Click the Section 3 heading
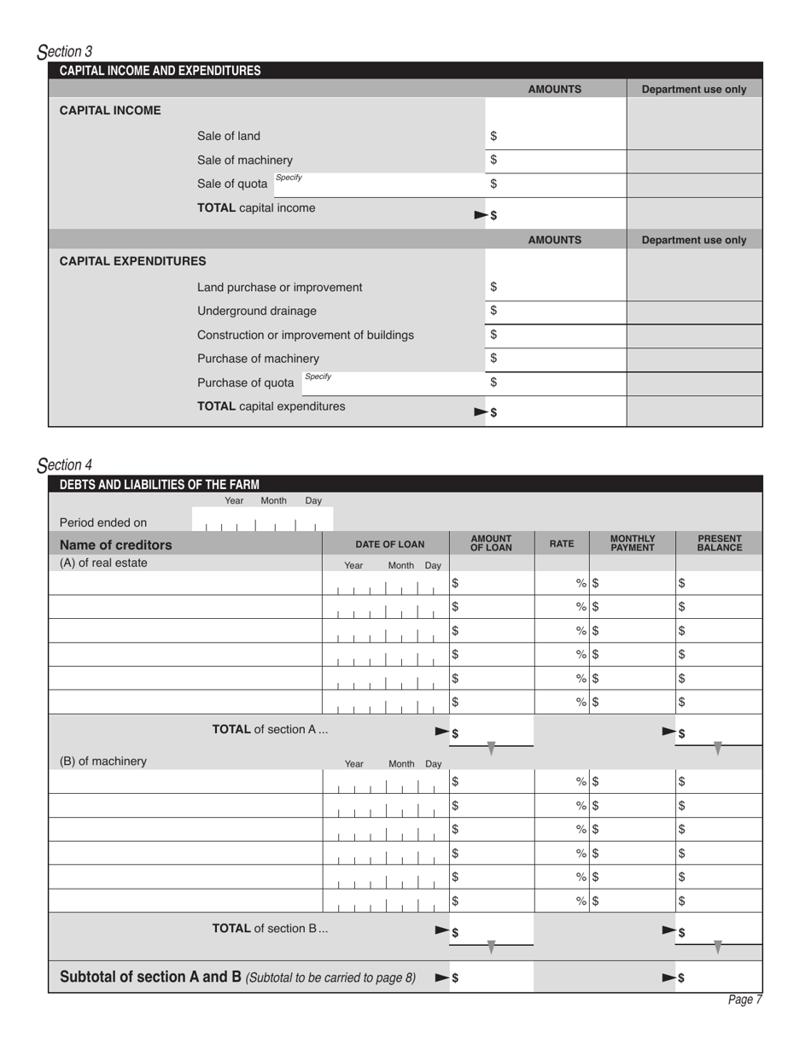[x=66, y=52]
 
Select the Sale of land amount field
[x=557, y=137]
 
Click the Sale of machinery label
[x=244, y=160]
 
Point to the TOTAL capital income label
[x=256, y=207]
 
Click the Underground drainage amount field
[x=557, y=312]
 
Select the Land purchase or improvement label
[x=279, y=287]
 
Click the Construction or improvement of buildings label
[x=305, y=335]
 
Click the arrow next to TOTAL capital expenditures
[x=481, y=412]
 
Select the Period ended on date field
[x=261, y=523]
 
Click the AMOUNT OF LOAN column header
[x=491, y=543]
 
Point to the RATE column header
[x=561, y=543]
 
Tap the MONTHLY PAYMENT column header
[x=633, y=543]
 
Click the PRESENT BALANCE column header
[x=719, y=543]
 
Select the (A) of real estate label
[x=103, y=563]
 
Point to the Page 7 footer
[x=744, y=1000]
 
